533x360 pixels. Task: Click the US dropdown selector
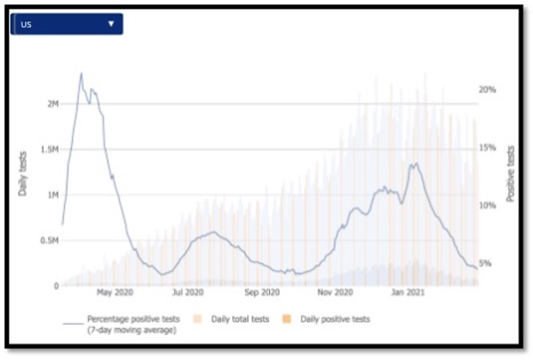click(x=67, y=24)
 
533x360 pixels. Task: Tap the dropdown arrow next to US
click(x=111, y=24)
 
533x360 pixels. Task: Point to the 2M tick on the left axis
click(x=52, y=104)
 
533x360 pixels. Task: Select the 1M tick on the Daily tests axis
click(x=52, y=195)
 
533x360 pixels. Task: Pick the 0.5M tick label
click(x=48, y=241)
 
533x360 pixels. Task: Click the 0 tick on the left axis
click(x=55, y=286)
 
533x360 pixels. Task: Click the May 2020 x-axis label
click(x=116, y=292)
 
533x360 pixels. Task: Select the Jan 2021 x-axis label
click(x=407, y=292)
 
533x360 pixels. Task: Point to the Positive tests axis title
click(x=511, y=173)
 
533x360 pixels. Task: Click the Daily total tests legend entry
click(x=236, y=319)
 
